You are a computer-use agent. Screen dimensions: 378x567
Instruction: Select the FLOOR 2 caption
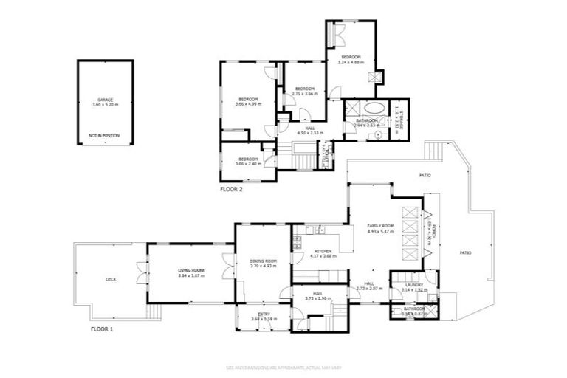coord(231,189)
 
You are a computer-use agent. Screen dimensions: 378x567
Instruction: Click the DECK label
coord(111,279)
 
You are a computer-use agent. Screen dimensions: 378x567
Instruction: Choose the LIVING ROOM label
coord(190,270)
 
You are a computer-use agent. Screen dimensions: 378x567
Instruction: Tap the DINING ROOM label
coord(263,261)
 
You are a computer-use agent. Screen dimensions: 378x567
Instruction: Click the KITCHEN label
coord(323,251)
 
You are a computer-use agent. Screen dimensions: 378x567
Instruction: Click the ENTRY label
coord(263,314)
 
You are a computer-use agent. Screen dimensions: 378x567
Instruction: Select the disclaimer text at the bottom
coord(283,367)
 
